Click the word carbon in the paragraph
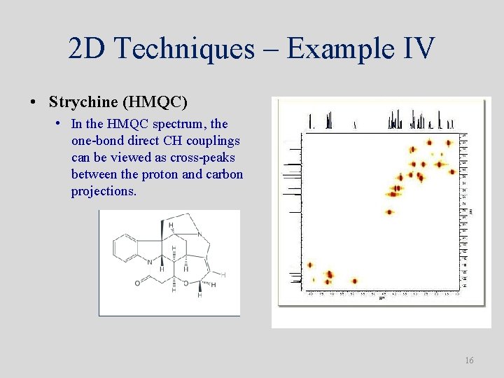coord(225,174)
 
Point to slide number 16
coord(469,360)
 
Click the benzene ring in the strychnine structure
coord(126,246)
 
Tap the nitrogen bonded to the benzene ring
coord(148,262)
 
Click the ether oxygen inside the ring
coord(186,283)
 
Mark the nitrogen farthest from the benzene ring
coord(198,234)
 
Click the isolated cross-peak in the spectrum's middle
coord(389,212)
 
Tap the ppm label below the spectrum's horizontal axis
coord(381,298)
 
